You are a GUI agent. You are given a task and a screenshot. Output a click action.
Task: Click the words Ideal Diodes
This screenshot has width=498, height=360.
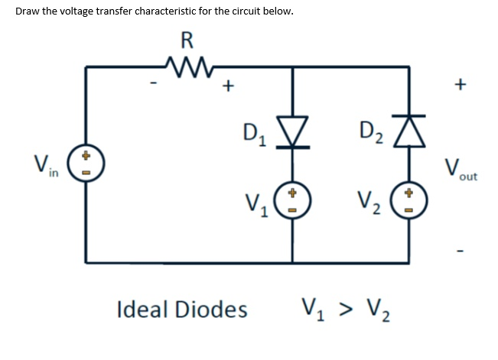coord(182,310)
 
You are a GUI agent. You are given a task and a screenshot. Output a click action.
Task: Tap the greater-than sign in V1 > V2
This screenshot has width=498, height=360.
coord(348,310)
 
